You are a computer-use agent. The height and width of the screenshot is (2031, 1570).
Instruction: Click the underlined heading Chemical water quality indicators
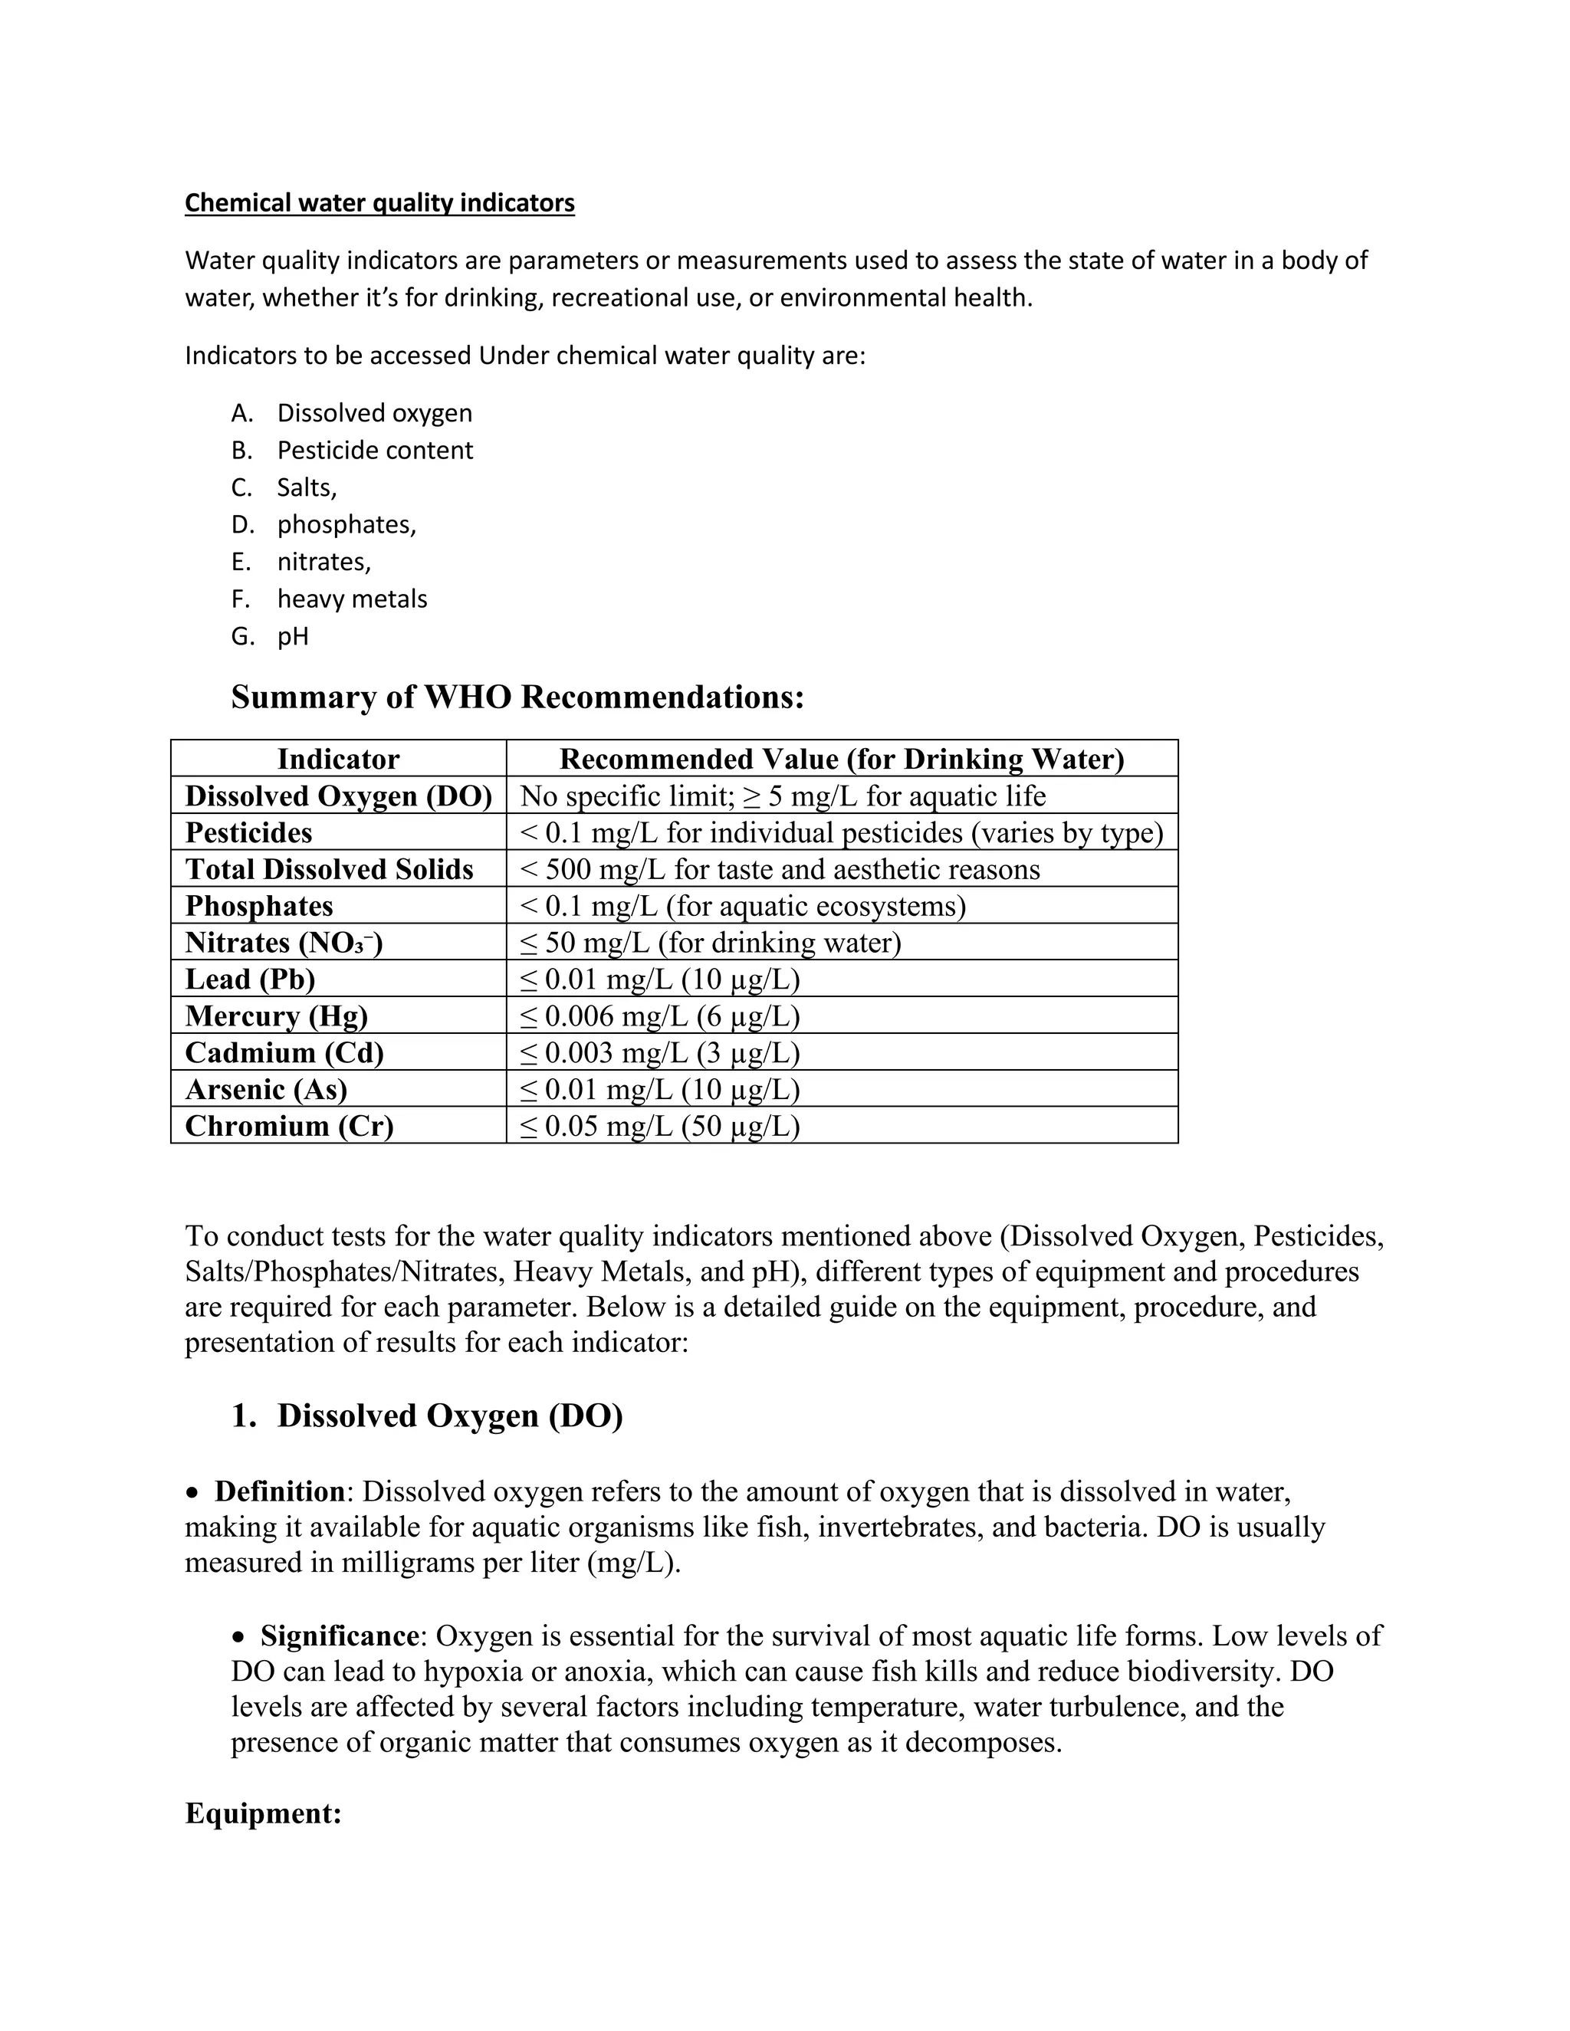(x=379, y=203)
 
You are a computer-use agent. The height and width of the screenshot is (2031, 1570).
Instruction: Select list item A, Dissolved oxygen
(x=374, y=413)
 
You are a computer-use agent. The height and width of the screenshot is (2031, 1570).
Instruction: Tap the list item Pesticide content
(x=374, y=450)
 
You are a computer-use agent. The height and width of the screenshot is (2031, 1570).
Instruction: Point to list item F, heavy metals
(x=352, y=599)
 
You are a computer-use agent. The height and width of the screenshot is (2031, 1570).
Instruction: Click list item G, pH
(x=292, y=636)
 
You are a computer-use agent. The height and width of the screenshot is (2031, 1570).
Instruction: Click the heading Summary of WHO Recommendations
(x=517, y=697)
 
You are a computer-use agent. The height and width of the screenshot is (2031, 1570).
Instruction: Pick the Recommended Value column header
(x=842, y=759)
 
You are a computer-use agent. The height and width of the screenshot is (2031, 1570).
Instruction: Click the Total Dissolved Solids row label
(x=329, y=868)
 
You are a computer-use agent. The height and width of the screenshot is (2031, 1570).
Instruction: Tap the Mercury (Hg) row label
(x=276, y=1015)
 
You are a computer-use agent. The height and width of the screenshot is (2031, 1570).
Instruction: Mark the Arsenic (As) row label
(x=266, y=1089)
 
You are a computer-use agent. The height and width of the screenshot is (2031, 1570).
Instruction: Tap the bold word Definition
(x=280, y=1491)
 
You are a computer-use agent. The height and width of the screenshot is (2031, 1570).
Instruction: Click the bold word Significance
(x=340, y=1636)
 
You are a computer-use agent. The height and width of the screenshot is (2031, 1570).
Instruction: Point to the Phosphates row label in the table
(x=258, y=906)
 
